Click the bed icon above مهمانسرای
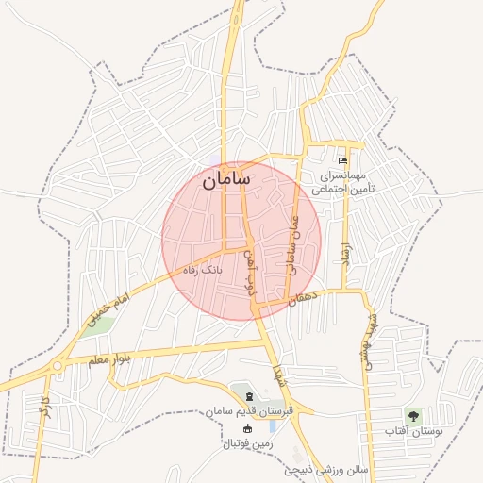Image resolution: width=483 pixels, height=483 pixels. tap(341, 160)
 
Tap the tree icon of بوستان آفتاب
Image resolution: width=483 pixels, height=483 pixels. tap(412, 414)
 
